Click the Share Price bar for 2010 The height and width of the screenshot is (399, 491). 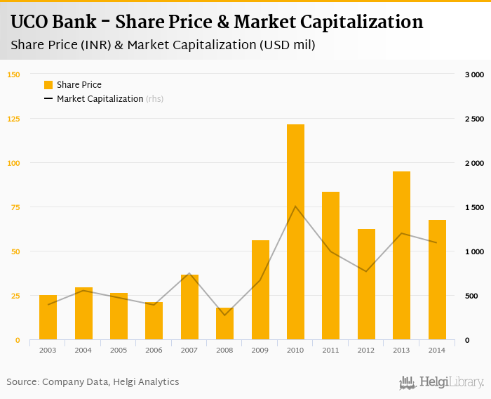pos(295,232)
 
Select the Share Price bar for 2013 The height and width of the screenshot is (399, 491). pos(401,256)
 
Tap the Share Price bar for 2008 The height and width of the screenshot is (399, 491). pos(224,324)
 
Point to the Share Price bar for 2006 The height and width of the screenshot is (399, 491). pos(154,321)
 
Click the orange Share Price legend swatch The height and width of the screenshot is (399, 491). pos(48,85)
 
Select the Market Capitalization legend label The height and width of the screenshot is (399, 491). pos(100,99)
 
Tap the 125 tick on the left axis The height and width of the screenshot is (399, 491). pos(13,119)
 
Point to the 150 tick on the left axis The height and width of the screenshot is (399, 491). pos(13,74)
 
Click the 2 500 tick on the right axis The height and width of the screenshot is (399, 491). pos(475,119)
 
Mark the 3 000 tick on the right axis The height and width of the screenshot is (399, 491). pos(475,74)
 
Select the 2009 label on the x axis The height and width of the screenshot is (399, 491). pos(260,349)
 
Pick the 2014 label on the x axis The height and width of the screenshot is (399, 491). pos(436,349)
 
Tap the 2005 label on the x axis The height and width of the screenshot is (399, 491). pos(119,349)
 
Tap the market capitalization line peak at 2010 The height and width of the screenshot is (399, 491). pos(295,207)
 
